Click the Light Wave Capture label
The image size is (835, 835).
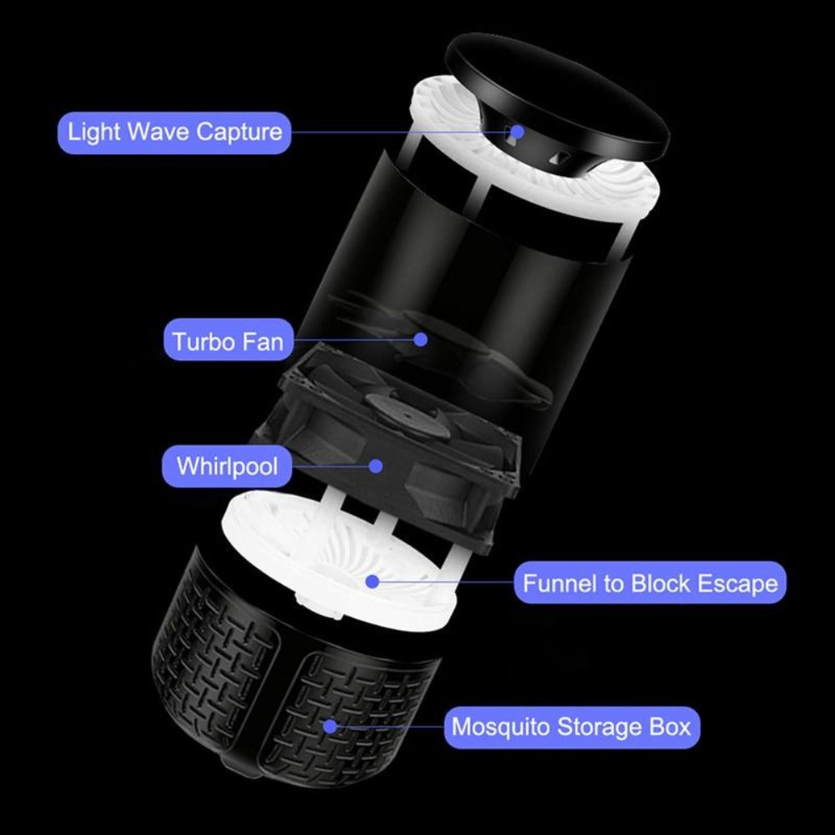tap(175, 133)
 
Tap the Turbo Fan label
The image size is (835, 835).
tap(229, 341)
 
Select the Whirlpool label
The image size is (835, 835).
tap(227, 467)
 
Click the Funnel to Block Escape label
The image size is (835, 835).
tap(650, 583)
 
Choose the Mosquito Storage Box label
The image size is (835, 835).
tap(571, 727)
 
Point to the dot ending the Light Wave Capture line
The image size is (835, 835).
tap(518, 132)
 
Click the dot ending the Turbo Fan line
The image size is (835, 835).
tap(421, 339)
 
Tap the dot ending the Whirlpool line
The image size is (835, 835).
tap(376, 466)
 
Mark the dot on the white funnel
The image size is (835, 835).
tap(372, 581)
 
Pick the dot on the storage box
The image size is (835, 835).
tap(331, 726)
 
